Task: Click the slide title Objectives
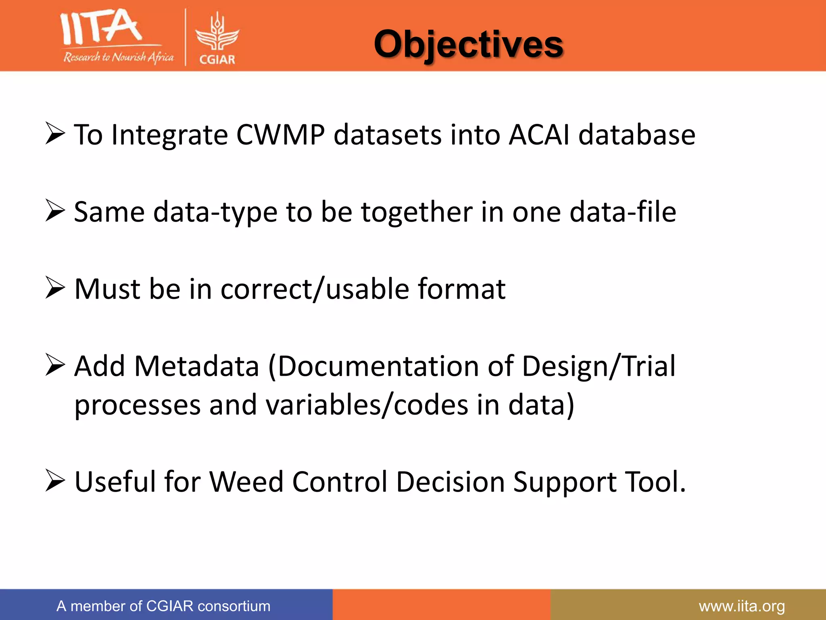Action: [468, 44]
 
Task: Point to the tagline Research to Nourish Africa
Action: [119, 57]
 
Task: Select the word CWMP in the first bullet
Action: [280, 134]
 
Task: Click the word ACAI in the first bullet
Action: [539, 134]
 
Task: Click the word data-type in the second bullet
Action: [215, 212]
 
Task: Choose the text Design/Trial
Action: [599, 367]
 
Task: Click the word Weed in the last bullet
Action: [246, 482]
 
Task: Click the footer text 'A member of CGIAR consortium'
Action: [163, 606]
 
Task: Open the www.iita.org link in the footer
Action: [742, 606]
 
